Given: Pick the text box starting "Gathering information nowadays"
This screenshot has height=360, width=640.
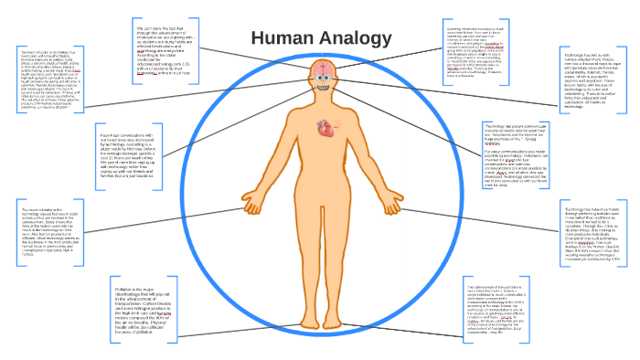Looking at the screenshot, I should (x=475, y=56).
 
